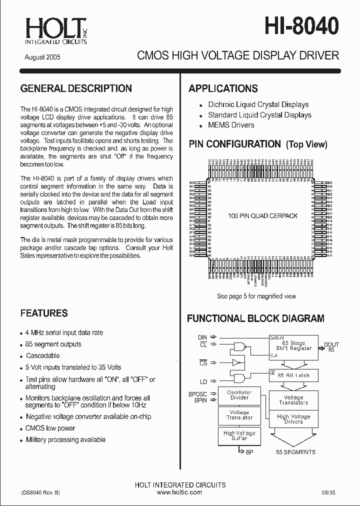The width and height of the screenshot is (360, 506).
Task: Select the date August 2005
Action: click(x=42, y=57)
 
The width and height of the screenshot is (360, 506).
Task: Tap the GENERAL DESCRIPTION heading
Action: click(x=76, y=88)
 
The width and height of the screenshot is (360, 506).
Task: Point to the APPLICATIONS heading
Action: click(x=223, y=89)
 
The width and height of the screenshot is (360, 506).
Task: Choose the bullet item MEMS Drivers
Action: click(x=231, y=125)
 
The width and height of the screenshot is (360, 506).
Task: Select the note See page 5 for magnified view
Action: click(x=256, y=296)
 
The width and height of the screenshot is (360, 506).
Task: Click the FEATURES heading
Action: click(x=44, y=313)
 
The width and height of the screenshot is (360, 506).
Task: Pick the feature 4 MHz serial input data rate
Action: click(x=64, y=332)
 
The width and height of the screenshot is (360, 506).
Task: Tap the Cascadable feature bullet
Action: click(x=42, y=355)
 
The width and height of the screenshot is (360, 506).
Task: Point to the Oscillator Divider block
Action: click(x=239, y=395)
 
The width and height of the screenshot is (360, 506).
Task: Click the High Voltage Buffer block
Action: click(x=239, y=435)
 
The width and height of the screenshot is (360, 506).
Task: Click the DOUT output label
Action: click(x=331, y=345)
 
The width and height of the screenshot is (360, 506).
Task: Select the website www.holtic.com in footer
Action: click(x=179, y=492)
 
